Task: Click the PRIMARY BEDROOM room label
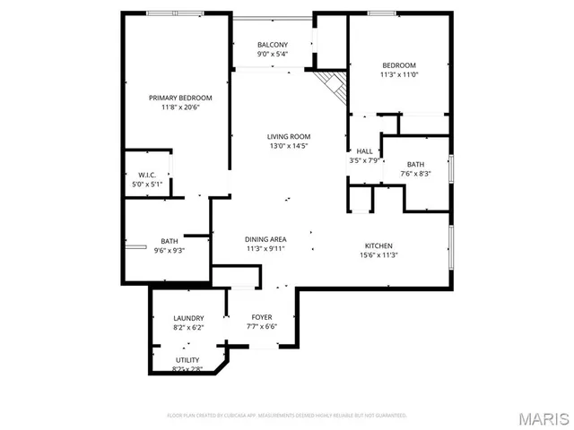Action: (x=180, y=98)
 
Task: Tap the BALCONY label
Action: (x=273, y=45)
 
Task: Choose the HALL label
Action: (x=364, y=150)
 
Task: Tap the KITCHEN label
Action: (x=378, y=245)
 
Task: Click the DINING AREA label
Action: (x=265, y=239)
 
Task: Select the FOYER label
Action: (x=261, y=317)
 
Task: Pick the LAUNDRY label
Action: (x=188, y=318)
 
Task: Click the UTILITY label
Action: (x=187, y=359)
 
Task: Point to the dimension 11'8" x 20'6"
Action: (x=180, y=107)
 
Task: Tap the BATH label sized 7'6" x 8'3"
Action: (x=415, y=164)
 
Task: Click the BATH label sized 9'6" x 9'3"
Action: (x=170, y=241)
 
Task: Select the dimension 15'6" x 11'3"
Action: (x=378, y=255)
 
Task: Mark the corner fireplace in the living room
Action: (x=334, y=86)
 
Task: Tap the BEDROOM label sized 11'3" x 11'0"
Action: (x=399, y=65)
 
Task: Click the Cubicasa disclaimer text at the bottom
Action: (x=287, y=416)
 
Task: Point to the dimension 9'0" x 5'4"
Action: (x=273, y=55)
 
